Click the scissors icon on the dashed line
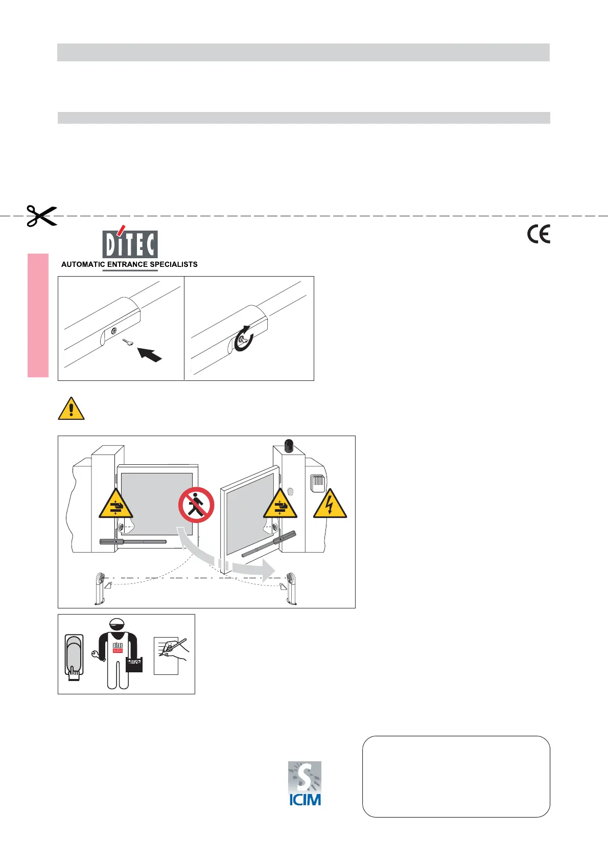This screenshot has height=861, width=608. click(41, 216)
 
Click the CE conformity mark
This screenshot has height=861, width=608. click(539, 235)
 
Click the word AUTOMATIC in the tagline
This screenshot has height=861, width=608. click(83, 264)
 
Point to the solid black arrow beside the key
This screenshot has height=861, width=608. click(151, 353)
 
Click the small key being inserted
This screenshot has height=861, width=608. click(128, 342)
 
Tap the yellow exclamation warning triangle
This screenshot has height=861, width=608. click(71, 409)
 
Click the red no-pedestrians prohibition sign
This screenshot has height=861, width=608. click(196, 505)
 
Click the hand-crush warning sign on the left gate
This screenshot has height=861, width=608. click(115, 505)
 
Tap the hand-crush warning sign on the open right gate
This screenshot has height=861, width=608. click(280, 505)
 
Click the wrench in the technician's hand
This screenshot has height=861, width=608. click(96, 654)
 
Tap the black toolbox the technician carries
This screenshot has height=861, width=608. click(134, 664)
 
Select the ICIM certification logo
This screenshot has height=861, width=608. click(305, 783)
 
